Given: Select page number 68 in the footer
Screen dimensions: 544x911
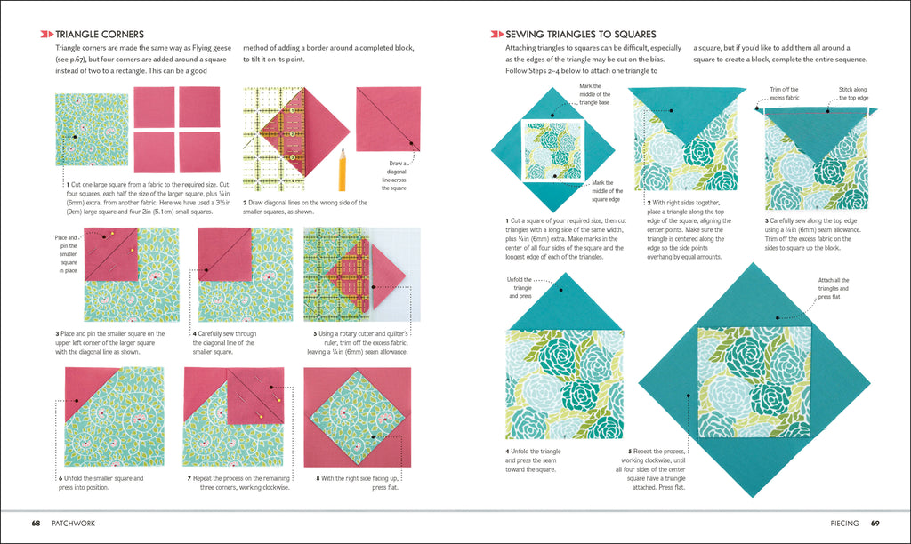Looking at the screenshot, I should pos(36,524).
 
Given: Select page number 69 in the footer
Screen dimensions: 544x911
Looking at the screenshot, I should pos(875,524).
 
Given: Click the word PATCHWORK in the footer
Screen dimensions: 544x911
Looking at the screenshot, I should pos(74,524).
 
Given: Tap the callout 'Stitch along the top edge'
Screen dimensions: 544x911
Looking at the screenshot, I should pos(851,93).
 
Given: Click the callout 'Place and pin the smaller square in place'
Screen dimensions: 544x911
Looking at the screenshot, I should pos(67,253).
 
